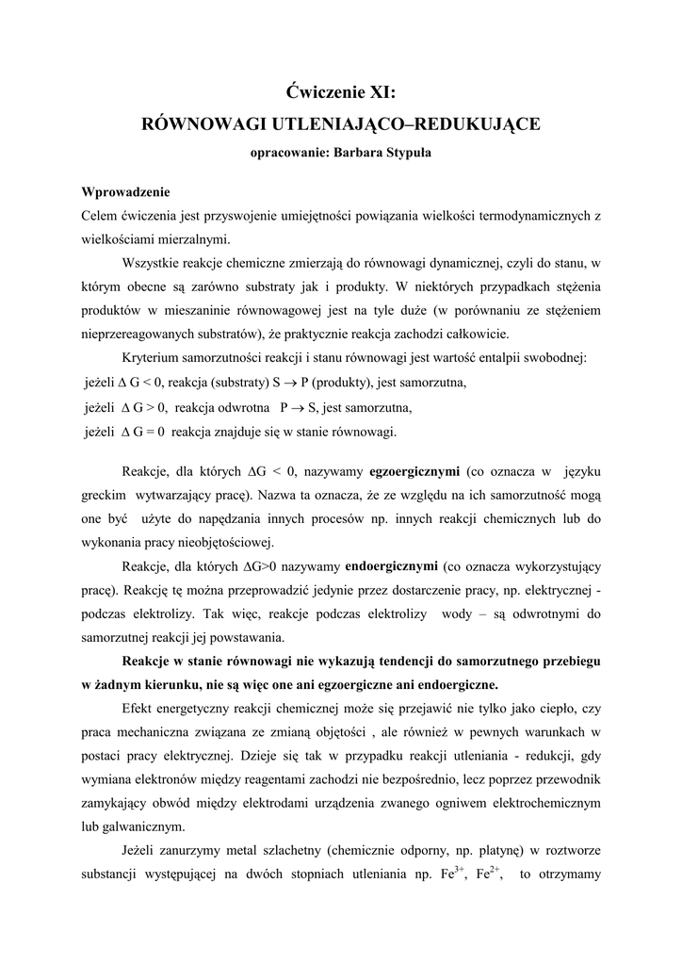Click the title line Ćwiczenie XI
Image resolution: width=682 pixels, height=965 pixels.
pyautogui.click(x=341, y=92)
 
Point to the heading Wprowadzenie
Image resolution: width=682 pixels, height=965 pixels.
pyautogui.click(x=125, y=192)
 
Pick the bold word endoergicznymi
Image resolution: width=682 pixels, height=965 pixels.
pyautogui.click(x=392, y=567)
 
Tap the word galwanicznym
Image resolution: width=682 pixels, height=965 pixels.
pyautogui.click(x=142, y=826)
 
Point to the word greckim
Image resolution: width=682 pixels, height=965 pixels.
pyautogui.click(x=104, y=494)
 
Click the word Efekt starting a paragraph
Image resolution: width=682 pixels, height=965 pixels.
pyautogui.click(x=139, y=707)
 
